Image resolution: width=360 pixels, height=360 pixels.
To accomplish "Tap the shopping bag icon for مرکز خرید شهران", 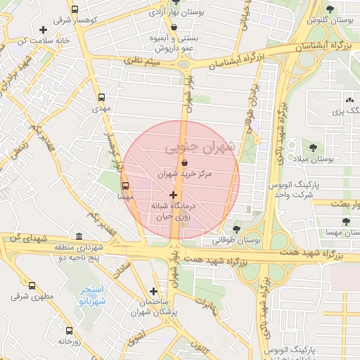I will point(184,162).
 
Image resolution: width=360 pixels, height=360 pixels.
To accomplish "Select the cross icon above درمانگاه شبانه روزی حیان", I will point(173,195).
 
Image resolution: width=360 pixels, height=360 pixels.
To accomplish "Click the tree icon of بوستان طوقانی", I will point(236,229).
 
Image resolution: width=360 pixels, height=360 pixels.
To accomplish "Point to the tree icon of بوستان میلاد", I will point(312,148).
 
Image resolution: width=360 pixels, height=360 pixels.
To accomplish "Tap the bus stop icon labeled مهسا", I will point(125,187).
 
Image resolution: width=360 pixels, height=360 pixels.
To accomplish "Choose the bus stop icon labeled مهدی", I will point(102,98).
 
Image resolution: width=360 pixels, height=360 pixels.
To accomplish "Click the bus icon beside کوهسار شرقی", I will point(75,11).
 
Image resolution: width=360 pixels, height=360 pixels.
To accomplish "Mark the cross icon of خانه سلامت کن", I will point(44,30).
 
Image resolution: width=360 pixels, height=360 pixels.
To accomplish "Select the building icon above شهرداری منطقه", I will point(77,237).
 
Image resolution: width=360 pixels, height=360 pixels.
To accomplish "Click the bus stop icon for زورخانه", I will point(69,330).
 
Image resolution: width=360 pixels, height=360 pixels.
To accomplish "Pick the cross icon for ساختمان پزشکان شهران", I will point(153,291).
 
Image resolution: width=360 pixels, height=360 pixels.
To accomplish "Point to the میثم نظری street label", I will point(143,63).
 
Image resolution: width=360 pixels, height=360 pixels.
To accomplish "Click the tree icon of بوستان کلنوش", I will point(330,9).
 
